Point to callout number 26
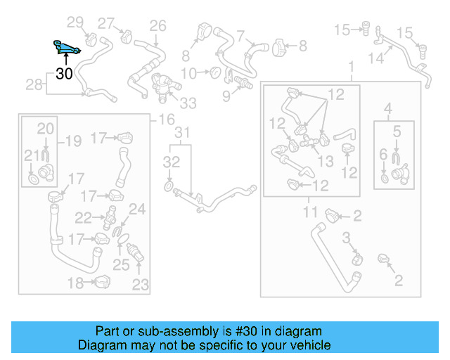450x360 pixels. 157,26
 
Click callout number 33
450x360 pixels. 188,103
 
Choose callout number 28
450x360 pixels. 34,85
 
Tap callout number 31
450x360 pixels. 182,132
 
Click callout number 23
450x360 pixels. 141,285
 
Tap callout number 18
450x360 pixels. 75,283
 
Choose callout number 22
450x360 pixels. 84,218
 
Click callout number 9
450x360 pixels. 226,95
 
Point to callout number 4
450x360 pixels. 387,108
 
